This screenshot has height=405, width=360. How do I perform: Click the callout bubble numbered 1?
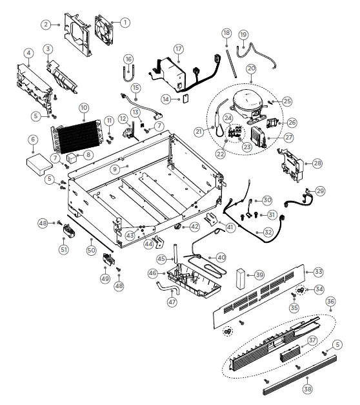(125, 21)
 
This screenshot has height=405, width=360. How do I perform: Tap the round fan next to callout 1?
(105, 30)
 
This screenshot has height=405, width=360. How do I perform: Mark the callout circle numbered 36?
(331, 301)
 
